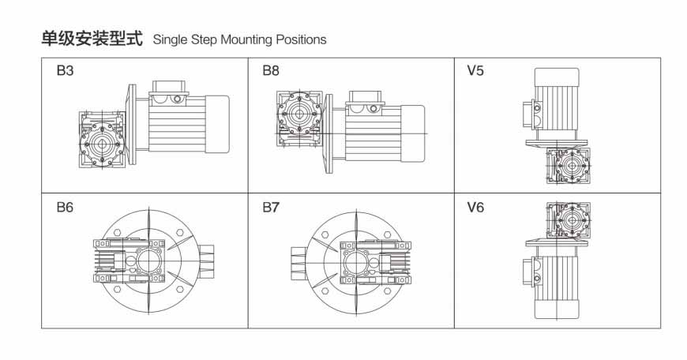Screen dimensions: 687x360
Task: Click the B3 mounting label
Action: (65, 70)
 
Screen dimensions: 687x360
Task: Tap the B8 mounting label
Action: (271, 70)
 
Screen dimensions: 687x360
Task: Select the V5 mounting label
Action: (475, 70)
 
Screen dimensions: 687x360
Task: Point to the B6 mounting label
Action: (65, 207)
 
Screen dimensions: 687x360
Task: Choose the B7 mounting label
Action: (271, 207)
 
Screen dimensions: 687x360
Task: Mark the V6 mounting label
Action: (475, 207)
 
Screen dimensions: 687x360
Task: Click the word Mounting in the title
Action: (246, 39)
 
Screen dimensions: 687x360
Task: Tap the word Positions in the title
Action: (301, 39)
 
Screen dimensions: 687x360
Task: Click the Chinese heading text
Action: (92, 39)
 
